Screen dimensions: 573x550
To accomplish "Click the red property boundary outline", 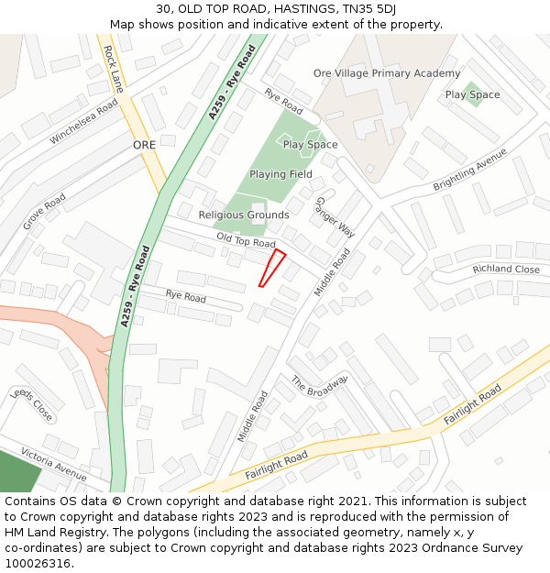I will [x=272, y=267].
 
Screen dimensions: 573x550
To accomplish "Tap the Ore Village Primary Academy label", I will [x=387, y=73].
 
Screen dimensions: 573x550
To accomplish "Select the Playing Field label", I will [x=280, y=174].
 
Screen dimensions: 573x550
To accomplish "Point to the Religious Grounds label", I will [x=244, y=215].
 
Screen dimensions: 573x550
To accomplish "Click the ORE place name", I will [x=145, y=145].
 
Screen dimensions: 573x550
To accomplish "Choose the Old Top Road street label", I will [x=246, y=240].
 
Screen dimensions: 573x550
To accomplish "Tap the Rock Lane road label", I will [x=113, y=69].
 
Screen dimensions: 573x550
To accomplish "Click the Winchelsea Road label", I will [x=84, y=122].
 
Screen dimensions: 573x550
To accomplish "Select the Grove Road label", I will [x=44, y=212].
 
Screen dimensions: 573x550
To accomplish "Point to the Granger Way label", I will [x=335, y=217].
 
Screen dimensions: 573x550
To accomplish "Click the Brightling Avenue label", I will [x=470, y=169].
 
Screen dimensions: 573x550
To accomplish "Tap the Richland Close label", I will [x=506, y=270].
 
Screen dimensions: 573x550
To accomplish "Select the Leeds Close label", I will [x=31, y=404].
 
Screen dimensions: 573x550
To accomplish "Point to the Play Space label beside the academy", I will [x=472, y=95].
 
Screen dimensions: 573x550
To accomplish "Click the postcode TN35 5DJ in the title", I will [x=363, y=9].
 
